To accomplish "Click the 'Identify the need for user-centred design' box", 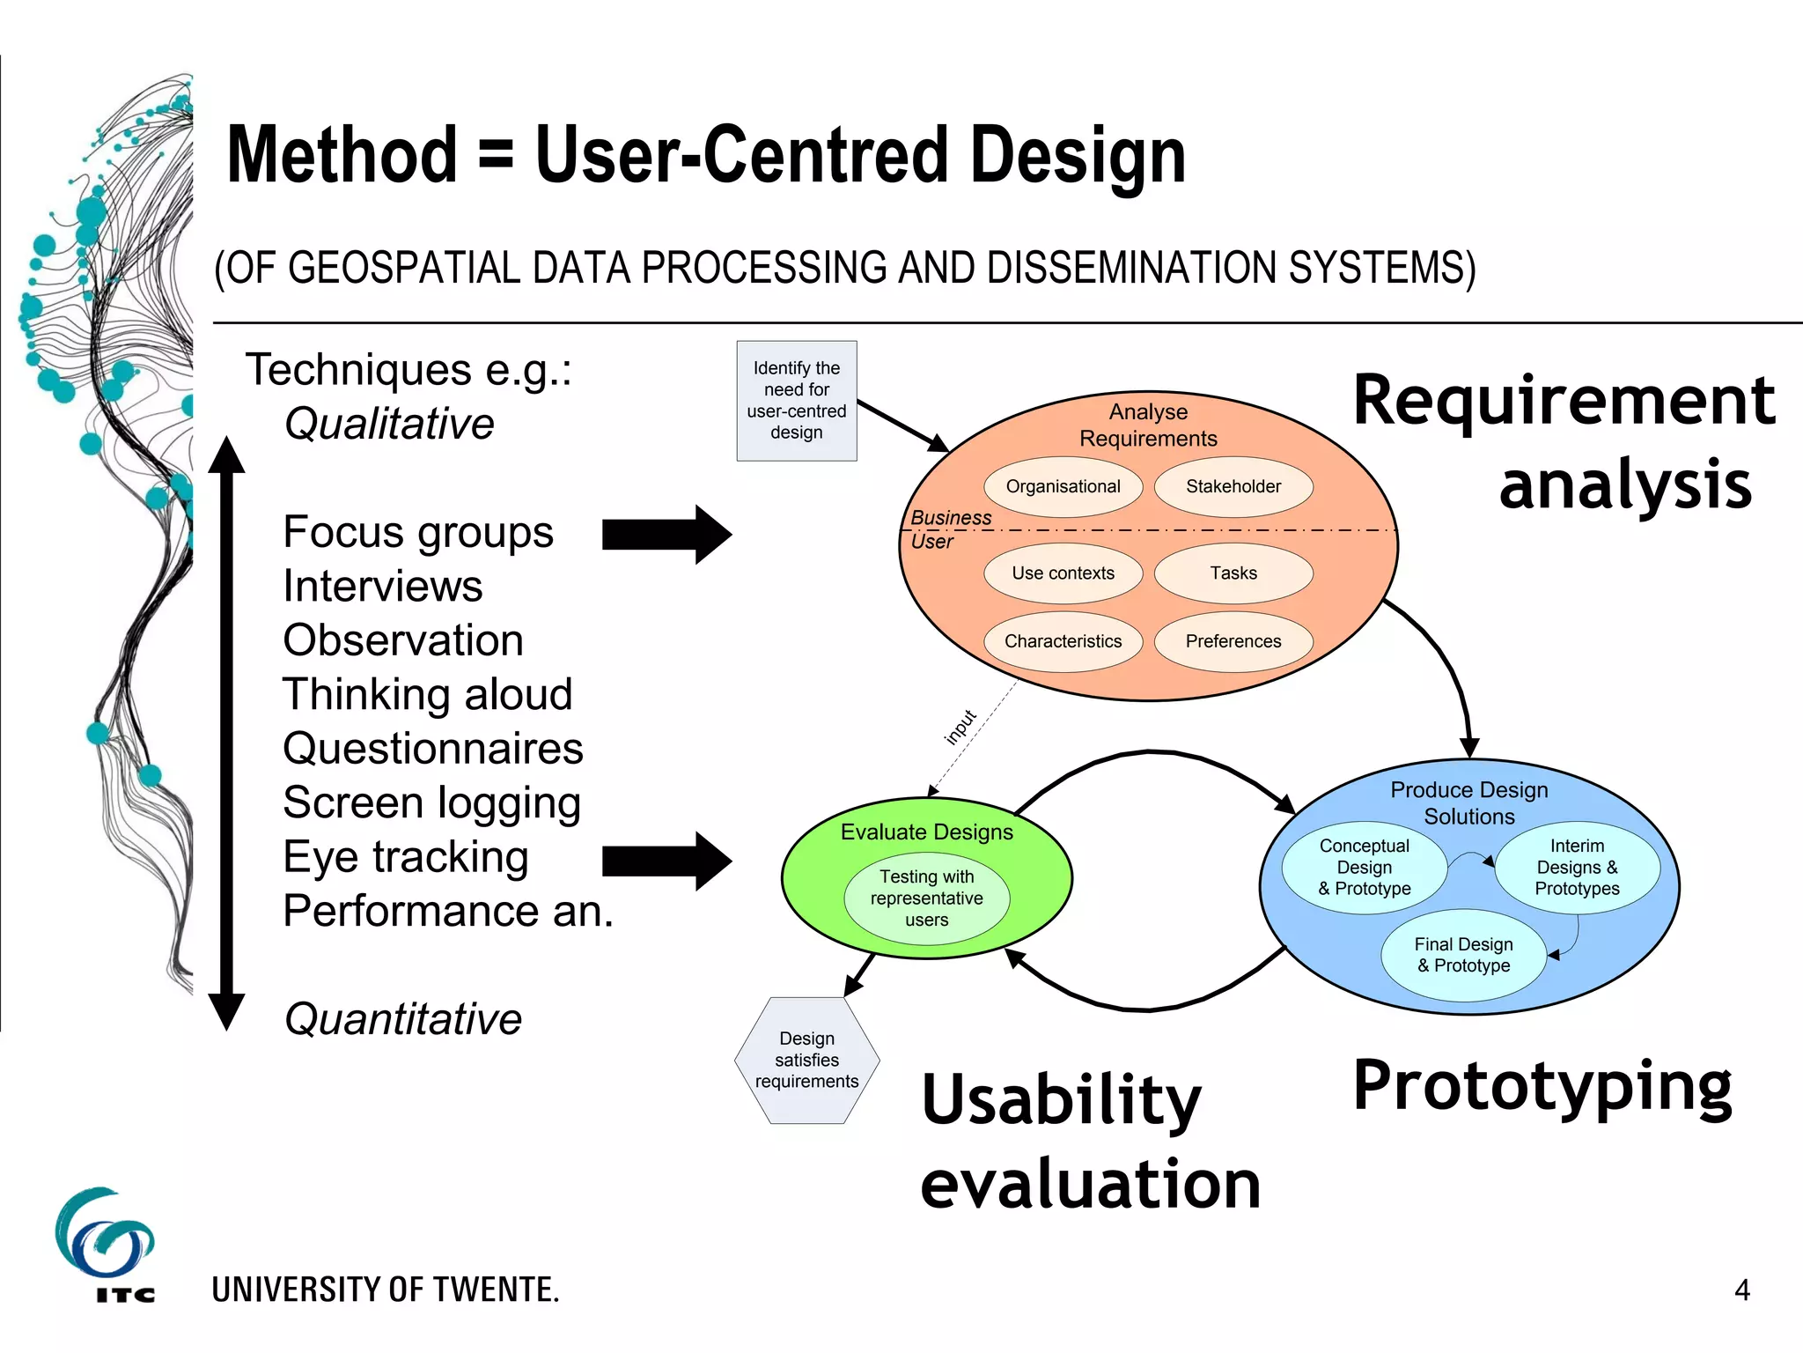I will click(796, 401).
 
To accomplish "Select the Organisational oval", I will click(1063, 486).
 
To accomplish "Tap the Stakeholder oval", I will click(1233, 486).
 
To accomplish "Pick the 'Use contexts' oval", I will click(1063, 573).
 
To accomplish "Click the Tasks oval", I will click(1233, 573).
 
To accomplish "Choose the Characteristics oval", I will click(1063, 641).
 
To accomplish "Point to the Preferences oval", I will click(1233, 641).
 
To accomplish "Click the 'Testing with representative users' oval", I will click(926, 898).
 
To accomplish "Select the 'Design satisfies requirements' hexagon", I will click(806, 1060).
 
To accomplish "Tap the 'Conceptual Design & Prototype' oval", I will click(1364, 868).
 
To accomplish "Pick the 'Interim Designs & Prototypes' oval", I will click(1577, 868).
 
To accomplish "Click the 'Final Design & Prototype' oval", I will click(1463, 955).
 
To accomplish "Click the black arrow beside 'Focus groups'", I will click(666, 535).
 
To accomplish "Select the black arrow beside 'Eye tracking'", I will click(666, 861).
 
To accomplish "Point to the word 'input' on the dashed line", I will click(960, 727).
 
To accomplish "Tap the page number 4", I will click(1741, 1290).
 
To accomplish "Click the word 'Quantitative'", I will click(403, 1019).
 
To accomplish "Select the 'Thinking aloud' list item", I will click(427, 694).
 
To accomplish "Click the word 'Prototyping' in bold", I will click(1542, 1086).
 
